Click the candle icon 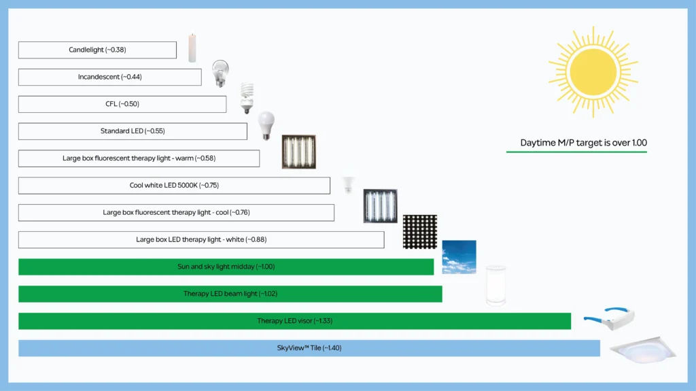192,48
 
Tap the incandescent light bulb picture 220,73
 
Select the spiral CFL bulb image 247,98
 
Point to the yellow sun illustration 593,72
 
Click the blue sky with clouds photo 459,257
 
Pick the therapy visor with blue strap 609,318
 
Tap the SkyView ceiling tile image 643,350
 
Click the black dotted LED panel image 420,231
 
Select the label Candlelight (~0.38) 97,50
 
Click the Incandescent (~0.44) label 109,77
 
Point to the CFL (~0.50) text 122,104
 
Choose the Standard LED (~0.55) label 133,131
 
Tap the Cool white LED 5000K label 174,185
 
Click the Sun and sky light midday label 226,267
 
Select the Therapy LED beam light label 230,294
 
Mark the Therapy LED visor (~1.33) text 295,321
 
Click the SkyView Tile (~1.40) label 309,348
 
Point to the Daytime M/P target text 583,143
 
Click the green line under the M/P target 576,152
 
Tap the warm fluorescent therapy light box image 299,152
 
